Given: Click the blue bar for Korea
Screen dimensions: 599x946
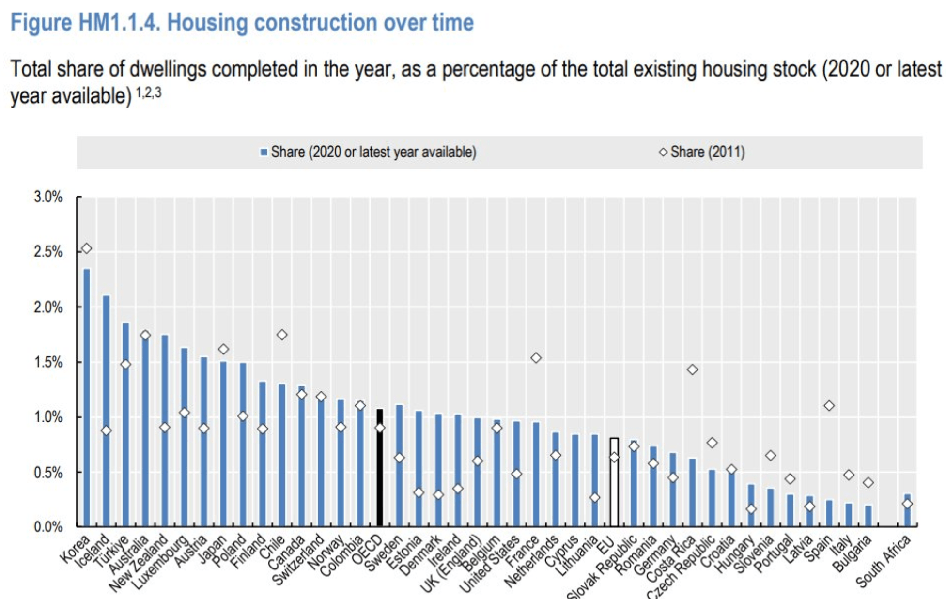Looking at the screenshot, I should coord(87,397).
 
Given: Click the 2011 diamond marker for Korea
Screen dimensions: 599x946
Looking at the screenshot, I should coord(87,248).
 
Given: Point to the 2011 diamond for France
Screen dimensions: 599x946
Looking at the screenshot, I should coord(536,358).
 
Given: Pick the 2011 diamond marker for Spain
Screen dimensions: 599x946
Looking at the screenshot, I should coord(829,405).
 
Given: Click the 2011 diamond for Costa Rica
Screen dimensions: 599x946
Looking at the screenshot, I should coord(692,369).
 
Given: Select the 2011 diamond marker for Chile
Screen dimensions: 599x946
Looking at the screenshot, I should coord(282,335).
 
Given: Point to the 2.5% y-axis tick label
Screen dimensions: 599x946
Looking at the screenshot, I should coord(48,252).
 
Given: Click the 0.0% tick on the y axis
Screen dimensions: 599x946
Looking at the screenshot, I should coord(48,527).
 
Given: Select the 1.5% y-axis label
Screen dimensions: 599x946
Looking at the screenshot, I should coord(48,362).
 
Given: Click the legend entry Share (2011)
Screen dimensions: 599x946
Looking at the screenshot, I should coord(707,152).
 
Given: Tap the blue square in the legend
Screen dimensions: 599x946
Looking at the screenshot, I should coord(264,153).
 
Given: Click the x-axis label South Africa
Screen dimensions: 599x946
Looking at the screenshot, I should coord(884,562).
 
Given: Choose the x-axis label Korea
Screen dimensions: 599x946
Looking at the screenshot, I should coord(76,550).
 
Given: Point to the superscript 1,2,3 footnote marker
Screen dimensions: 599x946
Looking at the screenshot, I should coord(148,93).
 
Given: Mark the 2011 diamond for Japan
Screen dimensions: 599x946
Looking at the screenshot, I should coord(223,349).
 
